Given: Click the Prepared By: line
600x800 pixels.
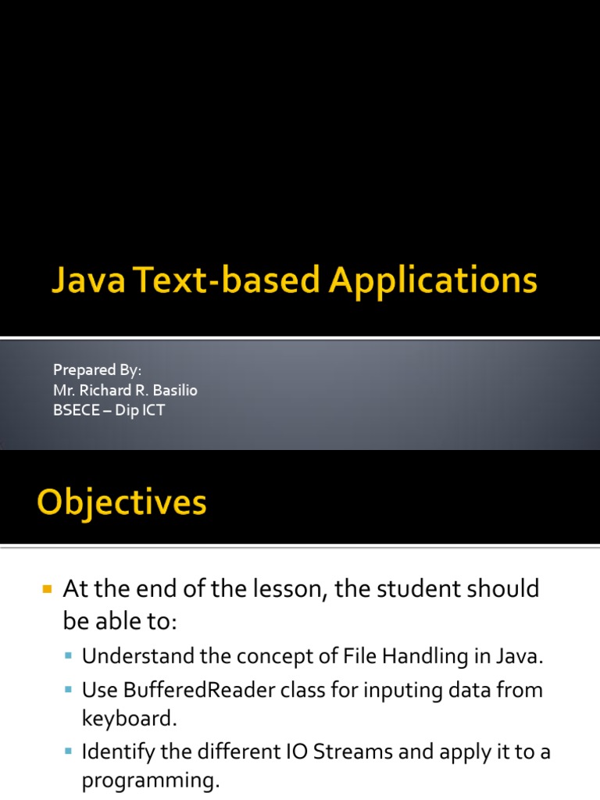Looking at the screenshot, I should (97, 370).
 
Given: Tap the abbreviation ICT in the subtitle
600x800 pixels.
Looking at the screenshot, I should (152, 410).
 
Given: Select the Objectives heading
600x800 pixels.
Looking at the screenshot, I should (121, 502).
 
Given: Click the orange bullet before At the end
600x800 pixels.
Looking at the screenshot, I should (45, 587).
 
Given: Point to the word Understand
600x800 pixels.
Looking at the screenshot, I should (131, 656).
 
